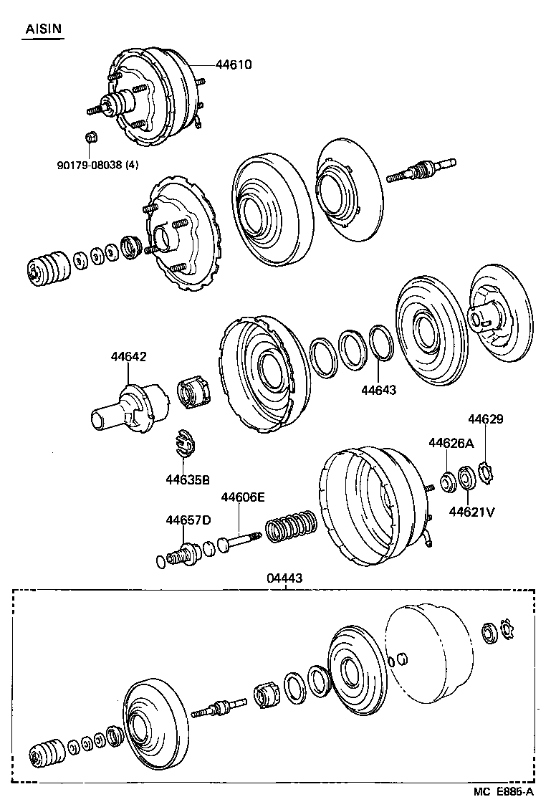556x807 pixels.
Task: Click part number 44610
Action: [234, 65]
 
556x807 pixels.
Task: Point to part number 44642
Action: [128, 356]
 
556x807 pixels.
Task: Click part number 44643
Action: [378, 391]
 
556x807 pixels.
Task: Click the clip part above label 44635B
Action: [185, 445]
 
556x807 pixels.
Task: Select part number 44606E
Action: [243, 497]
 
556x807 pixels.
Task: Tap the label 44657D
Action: [188, 520]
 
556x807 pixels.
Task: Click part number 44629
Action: [486, 419]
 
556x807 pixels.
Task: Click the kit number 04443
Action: [286, 578]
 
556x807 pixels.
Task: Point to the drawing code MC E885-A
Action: [503, 791]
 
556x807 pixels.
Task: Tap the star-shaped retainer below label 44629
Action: [486, 474]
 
